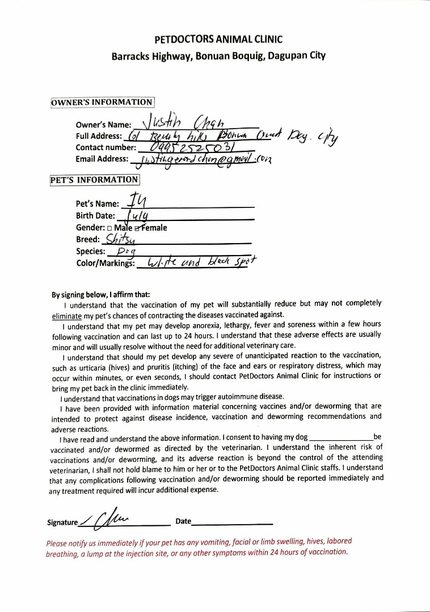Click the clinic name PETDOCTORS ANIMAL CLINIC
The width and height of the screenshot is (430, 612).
218,39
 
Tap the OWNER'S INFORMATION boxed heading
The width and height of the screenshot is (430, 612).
102,102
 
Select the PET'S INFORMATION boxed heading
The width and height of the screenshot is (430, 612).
95,180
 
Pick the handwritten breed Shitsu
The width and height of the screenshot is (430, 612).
120,240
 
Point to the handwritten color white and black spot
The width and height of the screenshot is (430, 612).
201,262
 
